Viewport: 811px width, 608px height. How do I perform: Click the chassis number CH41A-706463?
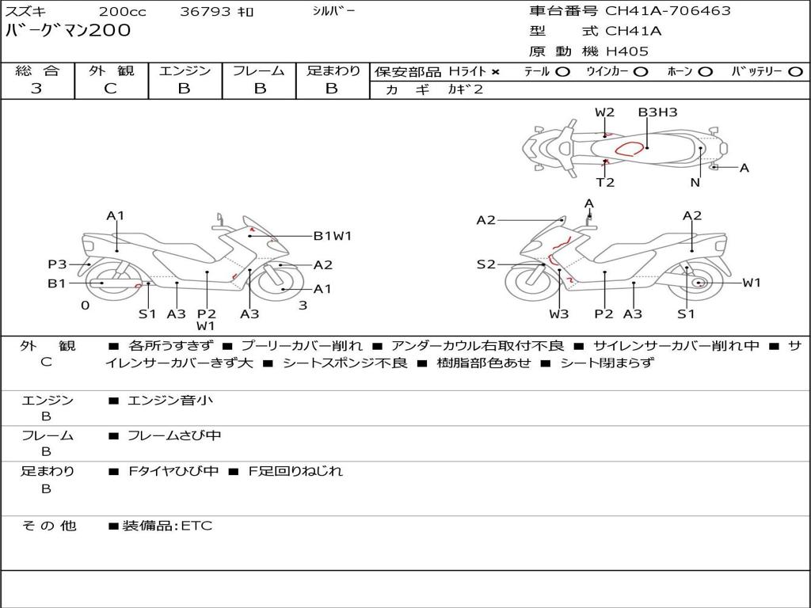(x=668, y=11)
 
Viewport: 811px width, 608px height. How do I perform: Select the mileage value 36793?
(x=205, y=12)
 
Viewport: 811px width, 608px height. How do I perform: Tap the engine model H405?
(x=627, y=51)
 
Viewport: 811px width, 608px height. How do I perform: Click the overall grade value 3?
(x=36, y=89)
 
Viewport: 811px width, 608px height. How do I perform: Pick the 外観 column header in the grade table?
(x=111, y=70)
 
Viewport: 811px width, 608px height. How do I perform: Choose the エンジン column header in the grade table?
(x=185, y=70)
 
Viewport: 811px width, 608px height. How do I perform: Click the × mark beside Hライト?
(x=496, y=71)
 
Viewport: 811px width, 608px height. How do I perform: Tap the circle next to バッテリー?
(x=795, y=71)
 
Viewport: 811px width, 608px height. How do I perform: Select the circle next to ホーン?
(x=705, y=71)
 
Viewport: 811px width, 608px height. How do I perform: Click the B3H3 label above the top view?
(x=657, y=112)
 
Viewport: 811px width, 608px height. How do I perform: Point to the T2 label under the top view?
(x=605, y=182)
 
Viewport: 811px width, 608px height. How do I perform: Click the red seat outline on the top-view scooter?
(x=630, y=147)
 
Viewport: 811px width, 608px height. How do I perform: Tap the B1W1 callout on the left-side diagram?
(x=332, y=235)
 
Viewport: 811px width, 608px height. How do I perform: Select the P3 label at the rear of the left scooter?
(x=57, y=264)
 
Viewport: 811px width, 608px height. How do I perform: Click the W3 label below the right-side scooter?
(x=559, y=313)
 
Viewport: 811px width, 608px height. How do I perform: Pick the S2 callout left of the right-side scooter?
(x=485, y=264)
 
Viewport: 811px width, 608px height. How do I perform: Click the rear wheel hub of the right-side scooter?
(x=698, y=283)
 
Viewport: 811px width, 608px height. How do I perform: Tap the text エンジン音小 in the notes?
(x=170, y=401)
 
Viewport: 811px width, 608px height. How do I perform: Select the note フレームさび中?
(x=174, y=435)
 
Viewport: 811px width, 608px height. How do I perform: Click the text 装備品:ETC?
(x=167, y=526)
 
